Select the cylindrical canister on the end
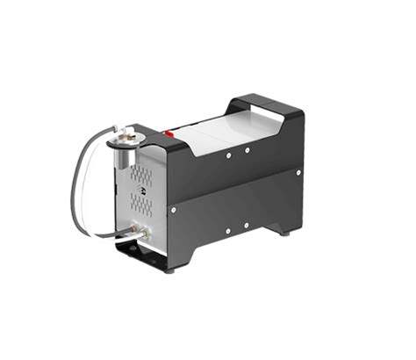[x=123, y=158]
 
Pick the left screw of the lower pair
[x=227, y=231]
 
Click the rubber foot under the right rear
[x=286, y=232]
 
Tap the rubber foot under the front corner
[x=169, y=269]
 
